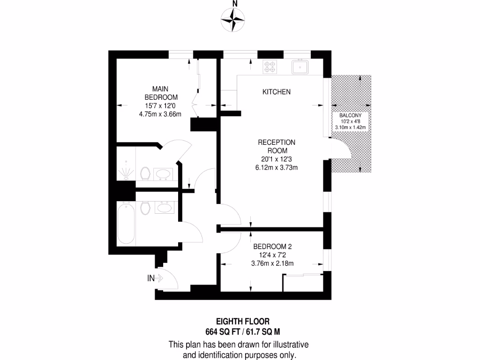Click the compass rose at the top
pyautogui.click(x=233, y=20)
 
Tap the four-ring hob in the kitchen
pyautogui.click(x=270, y=67)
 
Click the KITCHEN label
pyautogui.click(x=276, y=92)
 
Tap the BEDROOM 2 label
pyautogui.click(x=272, y=247)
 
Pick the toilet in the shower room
pyautogui.click(x=146, y=173)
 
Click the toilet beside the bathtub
pyautogui.click(x=145, y=207)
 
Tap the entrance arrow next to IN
pyautogui.click(x=158, y=278)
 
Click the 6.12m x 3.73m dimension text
pyautogui.click(x=277, y=167)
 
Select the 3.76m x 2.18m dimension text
pyautogui.click(x=272, y=263)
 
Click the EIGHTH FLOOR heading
pyautogui.click(x=242, y=322)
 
